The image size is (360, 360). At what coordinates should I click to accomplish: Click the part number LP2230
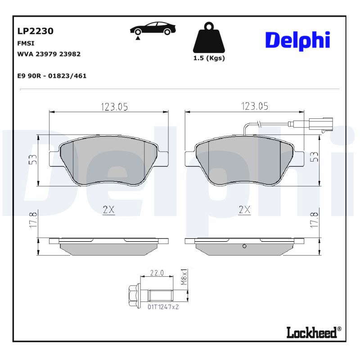[x=36, y=31]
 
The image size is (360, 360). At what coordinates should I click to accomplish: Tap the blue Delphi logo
[x=298, y=40]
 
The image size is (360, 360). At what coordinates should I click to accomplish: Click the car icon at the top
[x=153, y=30]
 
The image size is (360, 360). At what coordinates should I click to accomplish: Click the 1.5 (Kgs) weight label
[x=209, y=58]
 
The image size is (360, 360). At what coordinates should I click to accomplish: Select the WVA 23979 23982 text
[x=49, y=54]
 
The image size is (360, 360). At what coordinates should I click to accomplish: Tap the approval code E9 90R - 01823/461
[x=52, y=76]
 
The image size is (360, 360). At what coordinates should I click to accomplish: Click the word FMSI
[x=26, y=43]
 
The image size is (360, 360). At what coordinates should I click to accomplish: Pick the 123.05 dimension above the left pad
[x=114, y=107]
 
